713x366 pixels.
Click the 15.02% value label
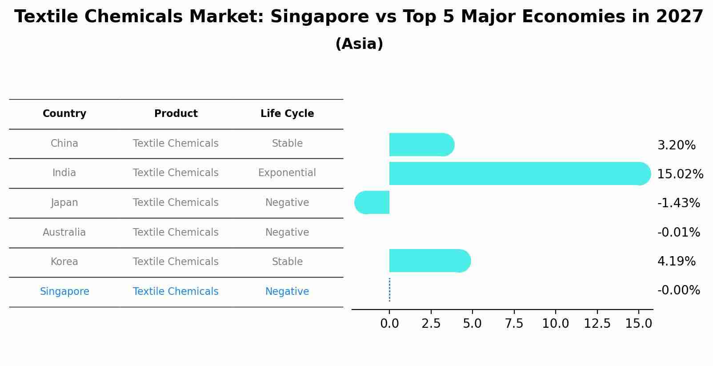click(680, 174)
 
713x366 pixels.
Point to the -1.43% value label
click(678, 203)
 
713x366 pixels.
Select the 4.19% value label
click(676, 261)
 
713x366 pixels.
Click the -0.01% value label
click(678, 233)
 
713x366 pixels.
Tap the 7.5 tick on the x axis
click(514, 324)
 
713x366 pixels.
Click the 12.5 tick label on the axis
click(597, 324)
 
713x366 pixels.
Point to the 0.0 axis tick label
click(389, 324)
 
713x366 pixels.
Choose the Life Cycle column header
click(287, 114)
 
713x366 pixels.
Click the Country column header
click(64, 114)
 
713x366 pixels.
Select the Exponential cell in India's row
click(287, 173)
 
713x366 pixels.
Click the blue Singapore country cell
click(64, 292)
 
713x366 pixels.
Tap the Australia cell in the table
click(64, 233)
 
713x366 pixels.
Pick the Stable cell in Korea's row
click(287, 262)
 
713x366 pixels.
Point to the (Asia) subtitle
click(359, 44)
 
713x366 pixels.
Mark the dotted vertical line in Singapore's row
click(389, 290)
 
